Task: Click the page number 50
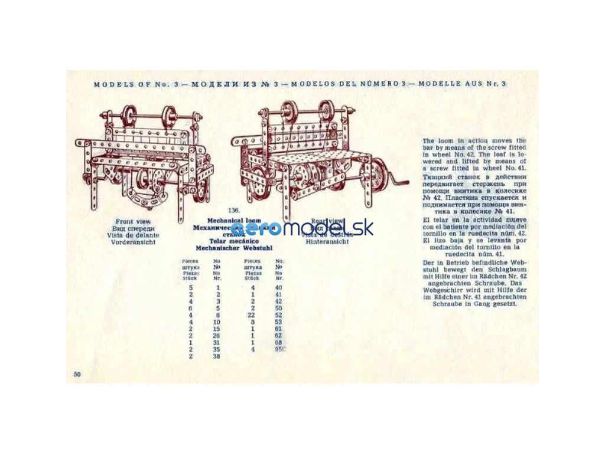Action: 77,375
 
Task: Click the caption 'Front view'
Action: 134,222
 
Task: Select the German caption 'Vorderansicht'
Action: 134,242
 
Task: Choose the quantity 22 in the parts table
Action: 252,315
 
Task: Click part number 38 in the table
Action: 218,357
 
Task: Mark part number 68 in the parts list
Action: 279,343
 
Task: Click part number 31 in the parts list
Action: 218,343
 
